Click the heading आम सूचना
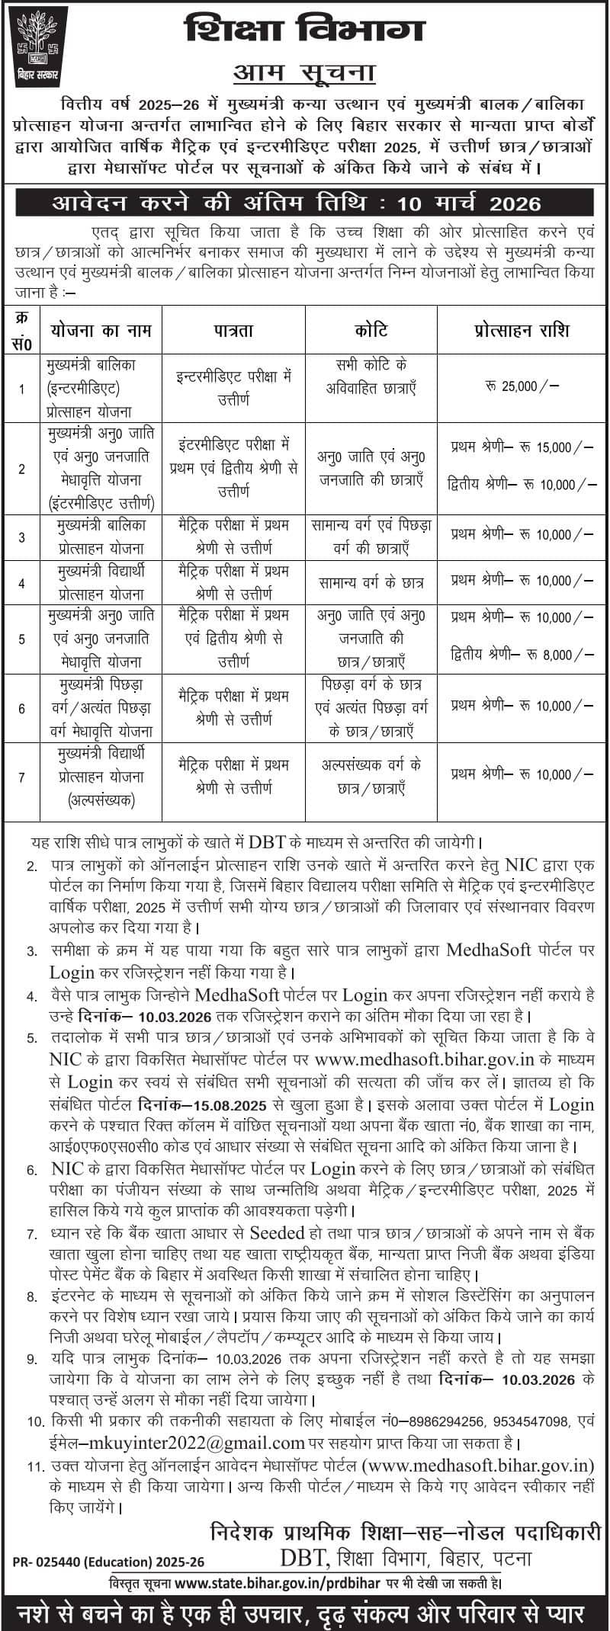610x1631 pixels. [x=304, y=74]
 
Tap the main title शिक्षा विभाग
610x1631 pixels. [x=304, y=31]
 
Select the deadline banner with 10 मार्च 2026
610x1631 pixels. [x=305, y=203]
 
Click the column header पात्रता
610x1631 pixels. [x=233, y=330]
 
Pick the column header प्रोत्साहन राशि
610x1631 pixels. [x=522, y=330]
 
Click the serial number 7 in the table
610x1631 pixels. [x=22, y=777]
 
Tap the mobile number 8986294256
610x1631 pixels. [x=446, y=1421]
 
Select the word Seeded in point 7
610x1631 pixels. [x=277, y=1234]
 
